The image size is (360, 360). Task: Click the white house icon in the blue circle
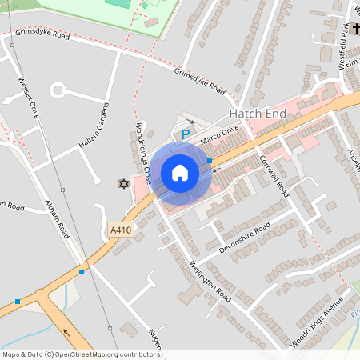(180, 173)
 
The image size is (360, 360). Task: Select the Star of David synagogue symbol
(123, 183)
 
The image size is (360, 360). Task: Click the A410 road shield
(119, 230)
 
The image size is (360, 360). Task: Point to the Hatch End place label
(258, 114)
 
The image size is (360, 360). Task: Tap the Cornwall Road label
(274, 176)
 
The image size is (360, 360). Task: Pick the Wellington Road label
(210, 282)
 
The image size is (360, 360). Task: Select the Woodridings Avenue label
(317, 321)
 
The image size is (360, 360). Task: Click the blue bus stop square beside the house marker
(210, 161)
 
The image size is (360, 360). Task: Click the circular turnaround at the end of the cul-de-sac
(58, 90)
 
